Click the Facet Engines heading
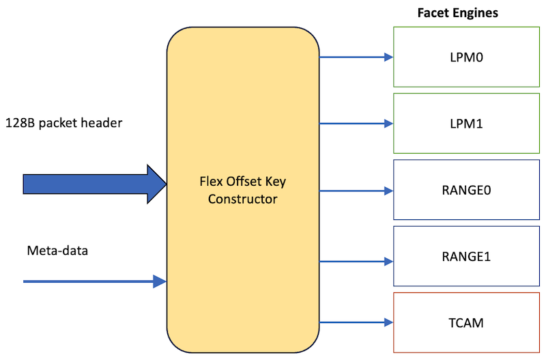click(x=457, y=13)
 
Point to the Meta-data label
click(x=57, y=251)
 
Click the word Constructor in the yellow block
click(x=243, y=199)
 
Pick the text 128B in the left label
click(x=18, y=123)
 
